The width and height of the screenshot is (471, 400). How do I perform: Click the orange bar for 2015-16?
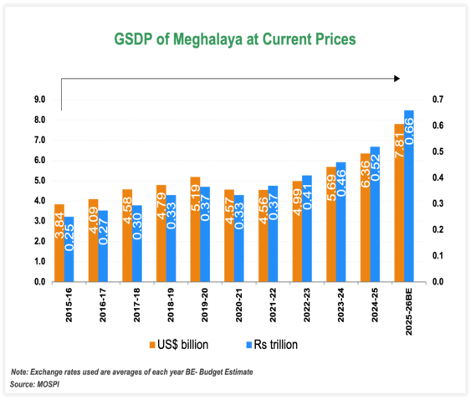(x=59, y=243)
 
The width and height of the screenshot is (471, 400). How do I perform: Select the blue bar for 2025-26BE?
(x=408, y=196)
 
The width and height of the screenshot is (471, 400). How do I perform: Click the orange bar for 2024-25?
(x=364, y=218)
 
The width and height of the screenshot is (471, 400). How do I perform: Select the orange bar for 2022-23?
(x=297, y=231)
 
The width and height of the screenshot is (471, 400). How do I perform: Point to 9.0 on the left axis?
(x=38, y=100)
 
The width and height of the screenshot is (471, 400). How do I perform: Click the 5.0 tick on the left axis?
(x=38, y=181)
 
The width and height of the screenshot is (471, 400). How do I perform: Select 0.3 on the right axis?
(x=437, y=203)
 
